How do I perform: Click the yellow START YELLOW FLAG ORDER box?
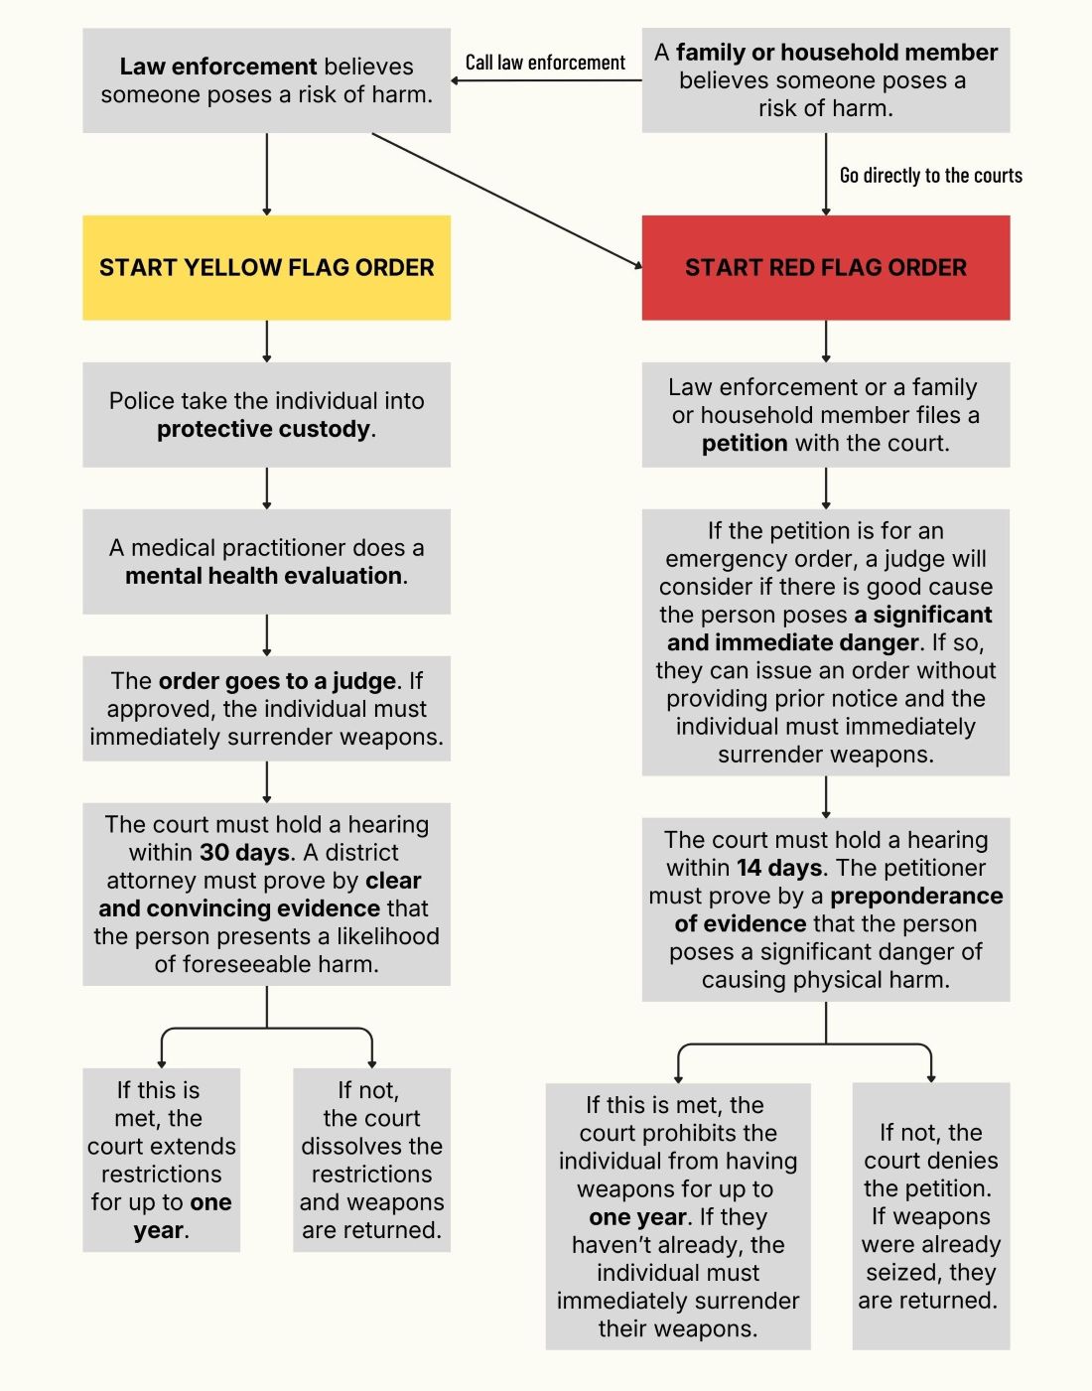coord(266,267)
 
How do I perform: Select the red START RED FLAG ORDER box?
coord(825,267)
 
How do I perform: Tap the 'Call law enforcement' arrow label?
coord(545,63)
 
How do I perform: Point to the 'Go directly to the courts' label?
coord(930,176)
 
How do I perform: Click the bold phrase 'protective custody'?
coord(263,429)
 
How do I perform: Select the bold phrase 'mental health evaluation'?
coord(263,576)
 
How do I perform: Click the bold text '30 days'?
coord(244,853)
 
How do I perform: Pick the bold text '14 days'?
coord(779,869)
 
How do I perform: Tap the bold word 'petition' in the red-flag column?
coord(745,443)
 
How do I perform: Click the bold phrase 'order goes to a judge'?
coord(277,681)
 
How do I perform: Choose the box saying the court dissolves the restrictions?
coord(371,1160)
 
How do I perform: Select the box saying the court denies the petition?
coord(930,1215)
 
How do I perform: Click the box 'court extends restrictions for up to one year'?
coord(161,1160)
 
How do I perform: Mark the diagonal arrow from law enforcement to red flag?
coord(506,200)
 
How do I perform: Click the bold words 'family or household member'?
coord(836,53)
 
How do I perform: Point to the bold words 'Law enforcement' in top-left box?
coord(217,67)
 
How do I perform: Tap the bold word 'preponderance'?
coord(916,897)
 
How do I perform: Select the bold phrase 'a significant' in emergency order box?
coord(922,615)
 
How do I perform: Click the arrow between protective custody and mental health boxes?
coord(266,487)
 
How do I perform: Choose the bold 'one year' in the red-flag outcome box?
coord(637,1217)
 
